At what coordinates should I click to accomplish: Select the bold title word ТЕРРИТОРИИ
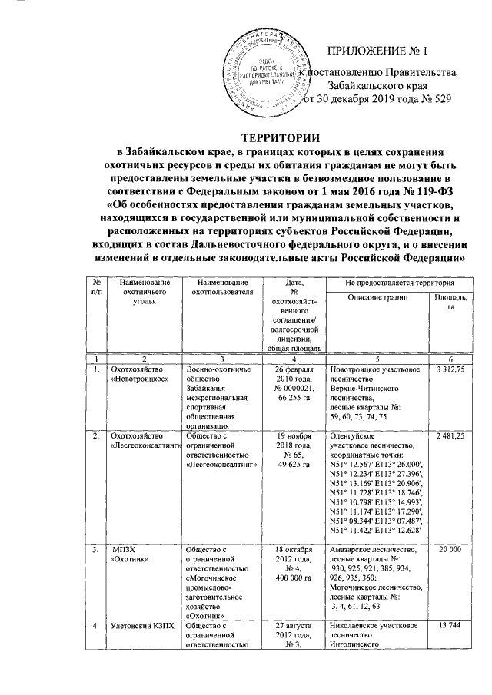point(245,137)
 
